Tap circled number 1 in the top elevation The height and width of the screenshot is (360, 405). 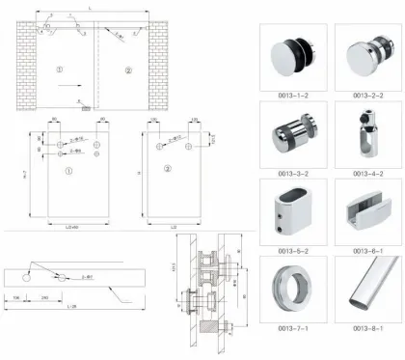click(x=59, y=70)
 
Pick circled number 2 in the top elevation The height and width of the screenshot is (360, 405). click(x=129, y=70)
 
